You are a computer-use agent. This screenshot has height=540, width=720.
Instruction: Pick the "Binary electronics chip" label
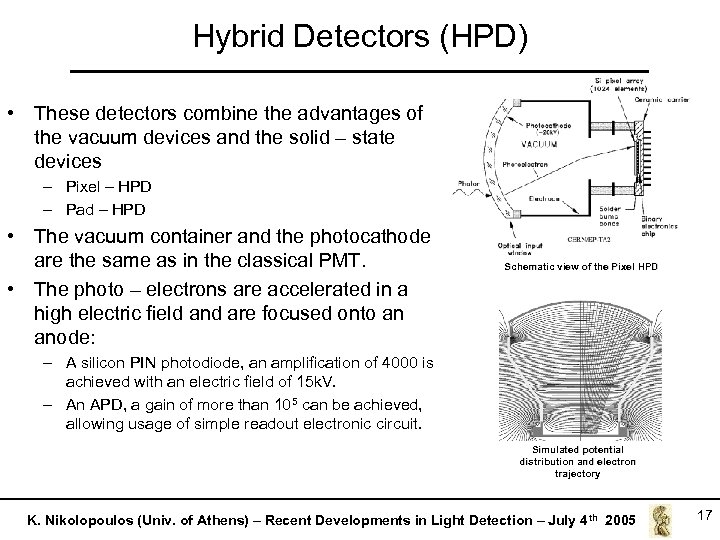tap(651, 224)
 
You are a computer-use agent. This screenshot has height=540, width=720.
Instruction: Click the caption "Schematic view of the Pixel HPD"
tap(581, 267)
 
